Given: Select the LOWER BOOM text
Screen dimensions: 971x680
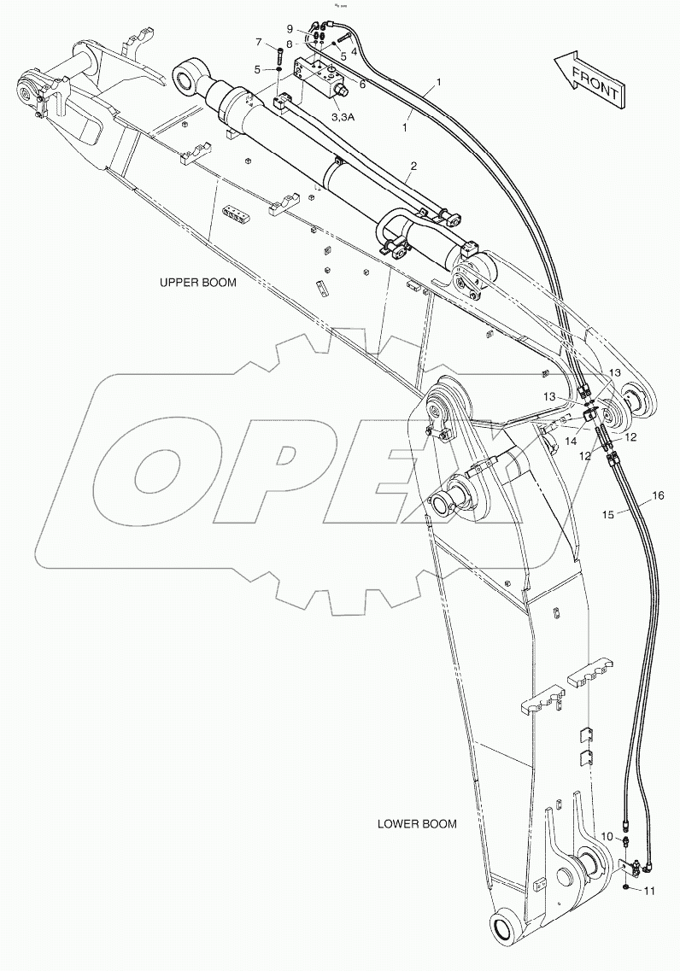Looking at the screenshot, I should click(x=417, y=824).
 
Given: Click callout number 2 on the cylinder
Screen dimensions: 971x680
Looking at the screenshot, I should click(x=413, y=165).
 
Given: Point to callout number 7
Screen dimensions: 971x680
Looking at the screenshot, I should click(x=259, y=42).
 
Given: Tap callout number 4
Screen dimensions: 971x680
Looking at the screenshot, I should click(x=353, y=51).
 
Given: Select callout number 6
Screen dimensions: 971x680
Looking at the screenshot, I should click(x=362, y=84).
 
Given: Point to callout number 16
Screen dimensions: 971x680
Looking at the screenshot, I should click(x=657, y=495).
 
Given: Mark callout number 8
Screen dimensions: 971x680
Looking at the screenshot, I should click(x=290, y=44).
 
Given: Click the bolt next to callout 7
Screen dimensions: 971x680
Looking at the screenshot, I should click(x=279, y=60).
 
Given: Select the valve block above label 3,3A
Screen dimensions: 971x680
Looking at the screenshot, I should click(x=318, y=76).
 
